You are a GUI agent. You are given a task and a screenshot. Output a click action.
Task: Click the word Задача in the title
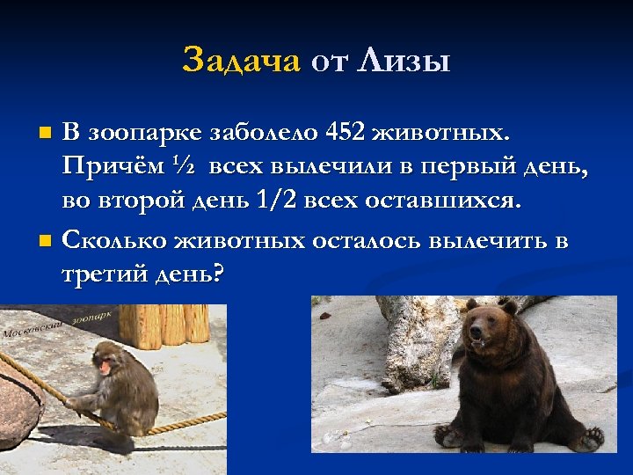241,61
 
